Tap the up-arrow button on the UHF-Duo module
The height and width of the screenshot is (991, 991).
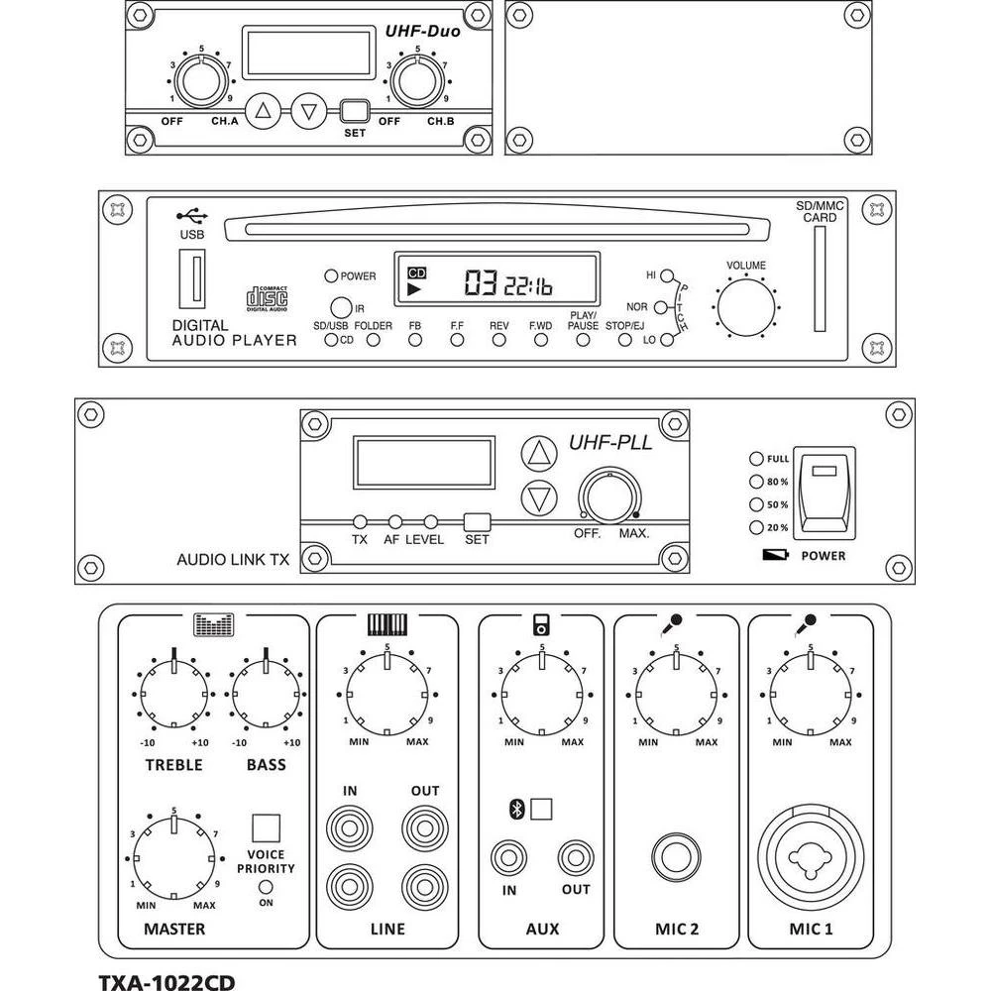(263, 111)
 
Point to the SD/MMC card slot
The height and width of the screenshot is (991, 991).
(819, 278)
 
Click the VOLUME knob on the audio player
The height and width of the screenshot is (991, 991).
(746, 307)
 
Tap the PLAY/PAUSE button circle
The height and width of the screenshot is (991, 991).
(583, 340)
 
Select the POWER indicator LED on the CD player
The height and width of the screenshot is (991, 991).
(331, 276)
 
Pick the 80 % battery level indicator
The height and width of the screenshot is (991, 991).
(757, 482)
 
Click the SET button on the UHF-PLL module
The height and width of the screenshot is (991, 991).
(478, 521)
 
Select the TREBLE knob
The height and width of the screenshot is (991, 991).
(173, 694)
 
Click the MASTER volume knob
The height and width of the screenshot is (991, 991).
(173, 854)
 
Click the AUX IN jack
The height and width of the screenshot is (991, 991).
(509, 856)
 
